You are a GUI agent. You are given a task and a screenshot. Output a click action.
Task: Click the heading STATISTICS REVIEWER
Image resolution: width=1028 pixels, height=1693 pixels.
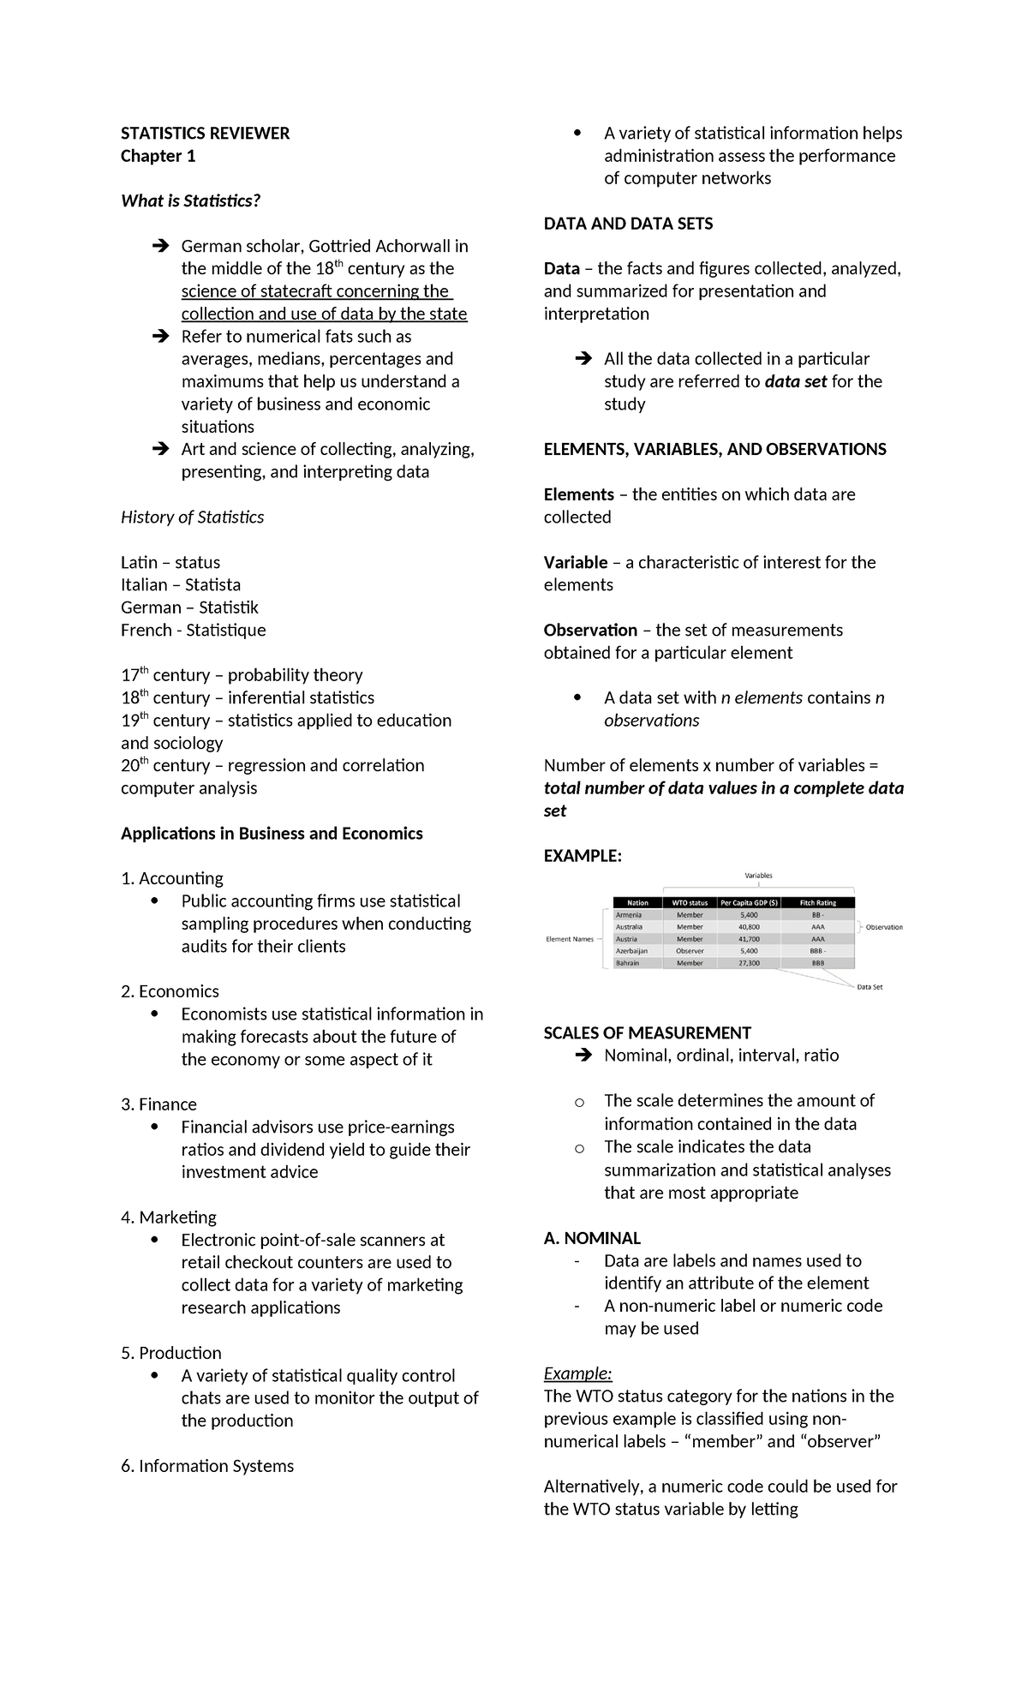point(205,133)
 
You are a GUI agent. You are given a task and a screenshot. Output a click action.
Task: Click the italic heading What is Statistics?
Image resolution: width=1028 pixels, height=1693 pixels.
point(190,200)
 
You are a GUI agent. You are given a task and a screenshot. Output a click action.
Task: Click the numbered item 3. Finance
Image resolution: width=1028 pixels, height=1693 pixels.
point(158,1104)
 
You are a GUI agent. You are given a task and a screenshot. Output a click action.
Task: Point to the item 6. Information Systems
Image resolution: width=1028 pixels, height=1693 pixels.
point(206,1466)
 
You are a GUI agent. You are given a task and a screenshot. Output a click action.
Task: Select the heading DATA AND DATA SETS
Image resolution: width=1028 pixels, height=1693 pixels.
point(628,224)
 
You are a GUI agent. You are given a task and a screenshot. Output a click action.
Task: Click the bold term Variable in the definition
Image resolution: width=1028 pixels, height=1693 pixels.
point(575,562)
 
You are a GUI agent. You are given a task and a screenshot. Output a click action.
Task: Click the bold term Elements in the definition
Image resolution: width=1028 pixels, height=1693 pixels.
point(578,494)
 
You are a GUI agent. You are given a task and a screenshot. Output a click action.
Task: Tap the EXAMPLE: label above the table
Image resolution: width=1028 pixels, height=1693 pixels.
point(583,856)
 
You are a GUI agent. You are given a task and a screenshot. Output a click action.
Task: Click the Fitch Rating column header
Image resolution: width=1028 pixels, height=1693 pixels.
point(817,902)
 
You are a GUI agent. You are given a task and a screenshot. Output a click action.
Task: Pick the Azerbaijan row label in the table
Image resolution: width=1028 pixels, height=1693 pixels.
point(631,951)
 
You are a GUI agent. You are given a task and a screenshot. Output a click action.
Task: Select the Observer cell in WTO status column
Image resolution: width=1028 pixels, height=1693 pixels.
point(690,951)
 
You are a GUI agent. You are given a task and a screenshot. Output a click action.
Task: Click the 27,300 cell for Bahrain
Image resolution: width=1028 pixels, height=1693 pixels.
point(749,963)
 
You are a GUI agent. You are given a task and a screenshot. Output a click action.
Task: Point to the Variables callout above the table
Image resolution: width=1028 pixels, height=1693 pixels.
point(758,876)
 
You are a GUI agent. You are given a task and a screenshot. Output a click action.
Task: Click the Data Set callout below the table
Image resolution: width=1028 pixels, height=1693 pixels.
point(870,987)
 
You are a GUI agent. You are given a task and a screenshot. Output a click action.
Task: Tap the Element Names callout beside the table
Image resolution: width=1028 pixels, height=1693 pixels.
point(570,939)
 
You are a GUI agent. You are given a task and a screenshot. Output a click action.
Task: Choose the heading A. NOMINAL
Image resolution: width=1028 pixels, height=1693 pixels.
point(592,1238)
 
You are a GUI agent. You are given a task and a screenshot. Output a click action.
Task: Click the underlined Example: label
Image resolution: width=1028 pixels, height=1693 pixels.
point(577,1373)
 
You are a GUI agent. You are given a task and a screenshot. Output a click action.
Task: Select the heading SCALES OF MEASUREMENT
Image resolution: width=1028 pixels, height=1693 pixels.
point(647,1032)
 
